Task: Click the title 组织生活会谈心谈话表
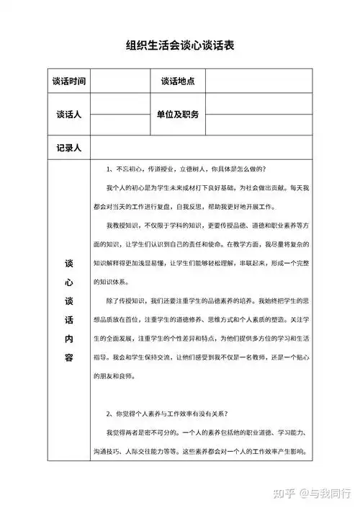[x=180, y=45]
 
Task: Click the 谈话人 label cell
[x=69, y=115]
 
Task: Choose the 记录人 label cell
[x=69, y=147]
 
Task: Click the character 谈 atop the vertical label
[x=69, y=263]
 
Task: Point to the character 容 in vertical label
[x=69, y=357]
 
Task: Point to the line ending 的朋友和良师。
[x=120, y=376]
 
